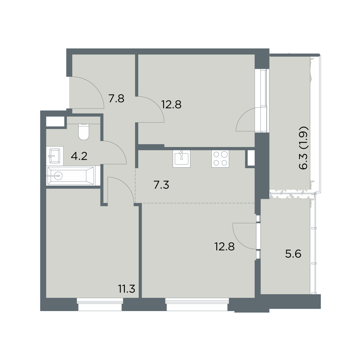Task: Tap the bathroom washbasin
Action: (54, 156)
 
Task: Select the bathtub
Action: (71, 176)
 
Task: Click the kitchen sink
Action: (181, 159)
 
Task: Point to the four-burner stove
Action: (220, 159)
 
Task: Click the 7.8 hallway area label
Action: (116, 99)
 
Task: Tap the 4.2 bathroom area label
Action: (79, 156)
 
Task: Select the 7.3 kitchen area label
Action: (161, 185)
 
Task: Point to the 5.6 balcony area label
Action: (293, 254)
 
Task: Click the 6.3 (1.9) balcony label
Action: (304, 148)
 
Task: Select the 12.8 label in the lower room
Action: (225, 247)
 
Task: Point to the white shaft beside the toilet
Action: (55, 122)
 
